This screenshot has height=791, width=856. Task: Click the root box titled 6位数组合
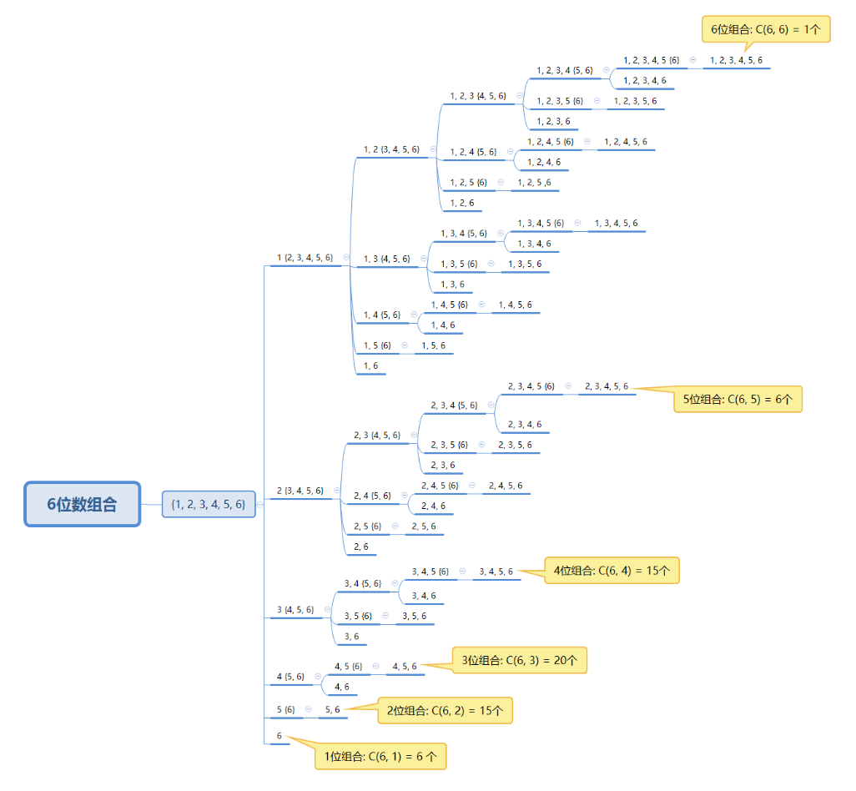point(82,504)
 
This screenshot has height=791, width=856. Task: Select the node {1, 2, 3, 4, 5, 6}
point(209,504)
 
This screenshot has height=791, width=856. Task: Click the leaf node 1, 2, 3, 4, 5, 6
point(736,61)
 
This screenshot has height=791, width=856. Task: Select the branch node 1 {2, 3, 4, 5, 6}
point(305,258)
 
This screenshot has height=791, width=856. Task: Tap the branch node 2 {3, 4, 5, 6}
point(300,491)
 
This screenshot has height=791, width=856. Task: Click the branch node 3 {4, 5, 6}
point(295,610)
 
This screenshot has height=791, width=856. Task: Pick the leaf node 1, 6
point(370,366)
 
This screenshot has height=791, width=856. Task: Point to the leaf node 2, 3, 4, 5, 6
point(607,386)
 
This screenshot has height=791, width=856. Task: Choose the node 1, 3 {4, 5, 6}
point(387,259)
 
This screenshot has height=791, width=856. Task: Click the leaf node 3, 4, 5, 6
point(496,572)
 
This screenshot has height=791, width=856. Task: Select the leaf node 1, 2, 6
point(462,203)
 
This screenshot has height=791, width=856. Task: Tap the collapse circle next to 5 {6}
point(309,709)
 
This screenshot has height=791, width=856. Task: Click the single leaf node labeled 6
point(279,737)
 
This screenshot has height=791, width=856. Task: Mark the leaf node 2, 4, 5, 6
point(506,486)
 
